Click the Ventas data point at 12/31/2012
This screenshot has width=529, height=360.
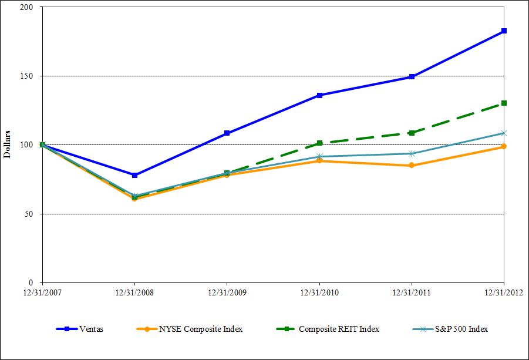coord(504,31)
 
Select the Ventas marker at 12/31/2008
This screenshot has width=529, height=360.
coord(135,175)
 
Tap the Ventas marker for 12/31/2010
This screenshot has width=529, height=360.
coord(319,95)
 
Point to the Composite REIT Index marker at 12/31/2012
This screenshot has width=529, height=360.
coord(504,103)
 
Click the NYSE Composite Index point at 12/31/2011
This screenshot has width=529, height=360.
coord(412,166)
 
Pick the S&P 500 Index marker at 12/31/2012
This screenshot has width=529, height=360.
coord(504,133)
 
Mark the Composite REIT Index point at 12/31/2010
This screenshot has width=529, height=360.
coord(319,143)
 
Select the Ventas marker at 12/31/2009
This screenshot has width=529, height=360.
coord(227,133)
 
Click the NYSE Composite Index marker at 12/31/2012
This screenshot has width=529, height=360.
coord(504,147)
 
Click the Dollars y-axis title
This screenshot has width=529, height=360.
coord(8,145)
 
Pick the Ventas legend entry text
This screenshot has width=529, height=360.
coord(92,329)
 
